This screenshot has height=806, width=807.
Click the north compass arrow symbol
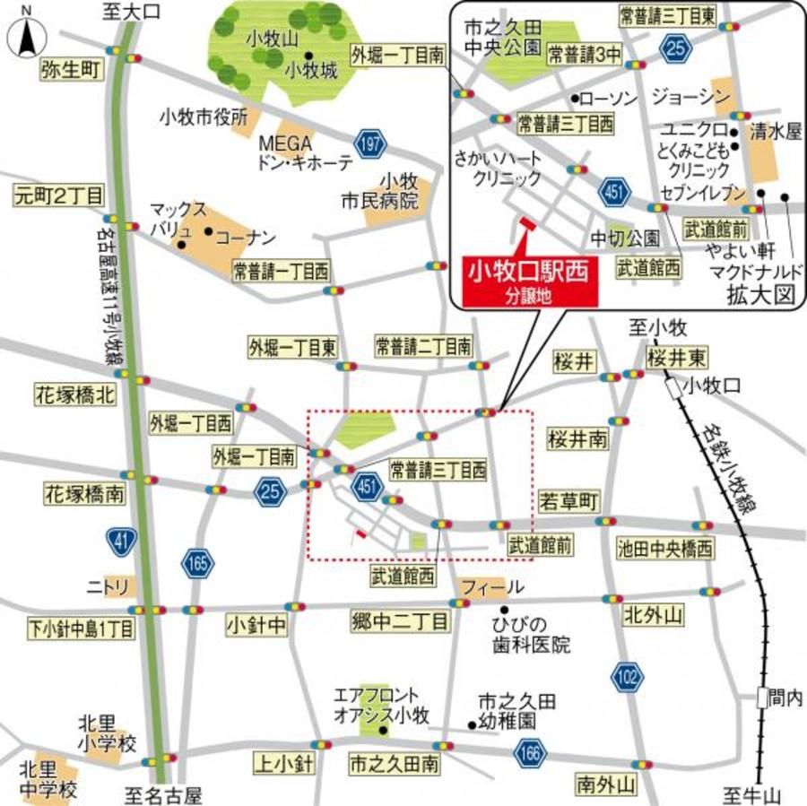coord(27,38)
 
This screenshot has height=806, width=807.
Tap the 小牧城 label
coord(310,69)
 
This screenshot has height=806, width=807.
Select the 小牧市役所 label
coord(203,117)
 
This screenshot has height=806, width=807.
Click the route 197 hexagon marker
coord(368,143)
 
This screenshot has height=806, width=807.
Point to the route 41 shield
coord(119,541)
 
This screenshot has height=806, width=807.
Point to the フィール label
coord(492,587)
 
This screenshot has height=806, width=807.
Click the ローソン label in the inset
coord(609,98)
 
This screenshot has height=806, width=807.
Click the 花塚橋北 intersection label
coord(75,394)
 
